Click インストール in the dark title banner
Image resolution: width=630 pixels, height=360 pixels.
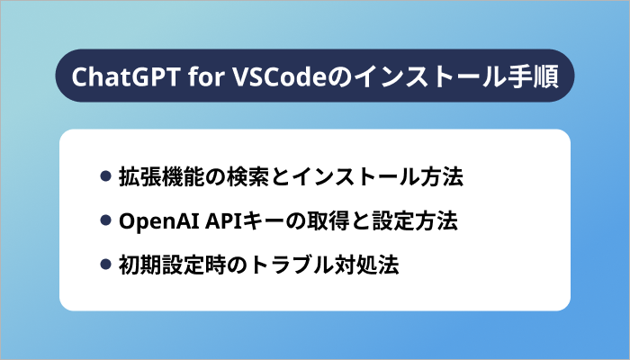tap(427, 76)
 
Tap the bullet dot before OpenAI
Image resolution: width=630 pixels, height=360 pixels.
tap(105, 220)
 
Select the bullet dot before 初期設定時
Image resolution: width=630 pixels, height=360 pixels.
tap(105, 265)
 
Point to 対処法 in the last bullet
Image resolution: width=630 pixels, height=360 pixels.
tap(366, 265)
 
